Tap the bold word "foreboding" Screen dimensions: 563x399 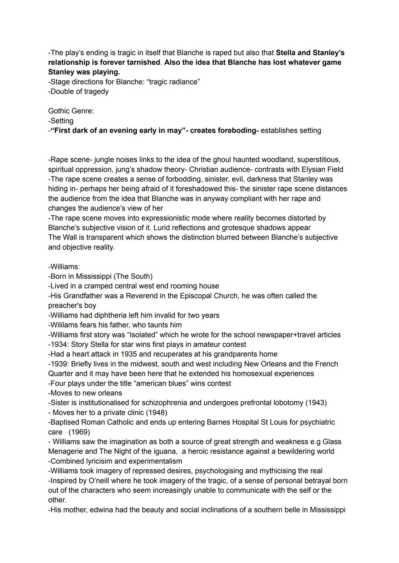236,130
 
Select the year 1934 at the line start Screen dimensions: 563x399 59,344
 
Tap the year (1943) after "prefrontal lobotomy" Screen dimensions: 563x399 316,402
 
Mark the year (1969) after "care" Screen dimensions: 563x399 79,432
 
